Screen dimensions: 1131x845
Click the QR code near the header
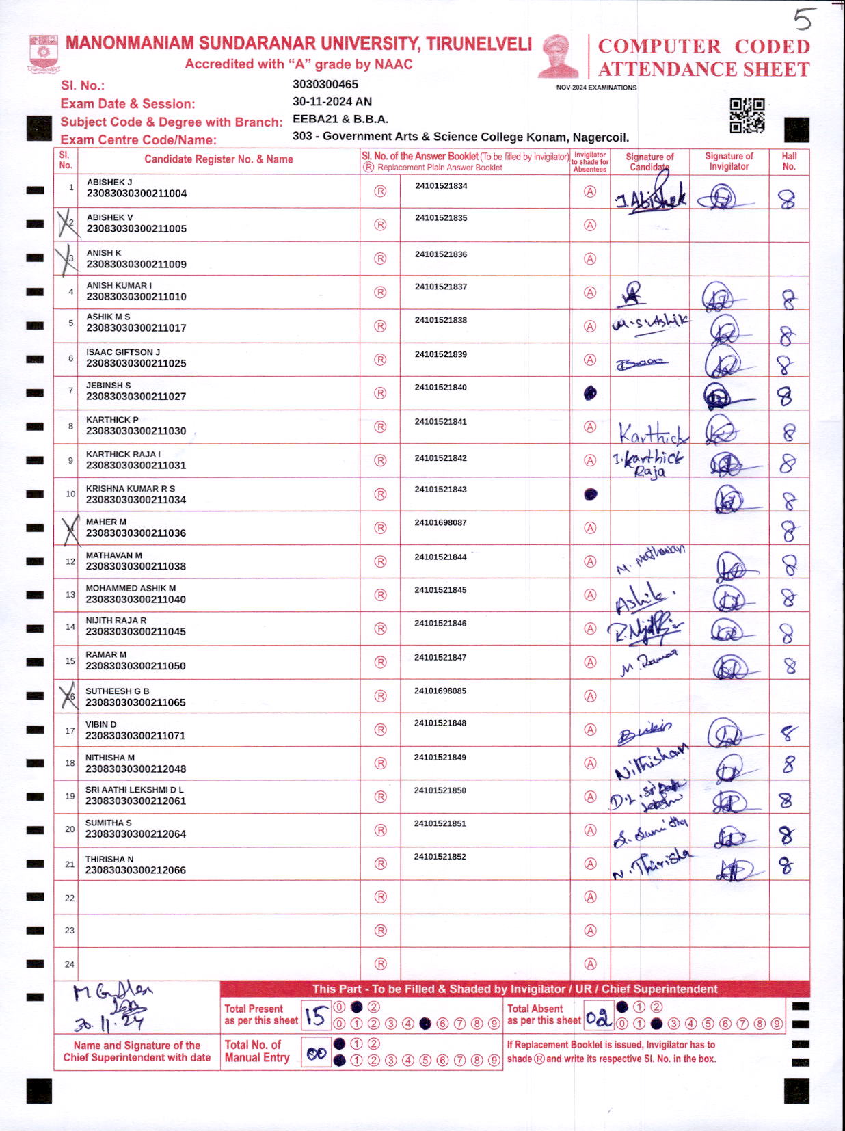coord(747,116)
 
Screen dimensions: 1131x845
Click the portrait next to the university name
coord(559,56)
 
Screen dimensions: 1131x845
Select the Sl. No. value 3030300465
coord(325,85)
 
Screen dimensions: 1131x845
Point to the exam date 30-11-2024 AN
coord(332,102)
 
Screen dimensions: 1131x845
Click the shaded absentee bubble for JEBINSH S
coord(590,393)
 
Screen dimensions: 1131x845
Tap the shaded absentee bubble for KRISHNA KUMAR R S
coord(591,494)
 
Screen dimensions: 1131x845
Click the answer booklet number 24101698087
coord(440,523)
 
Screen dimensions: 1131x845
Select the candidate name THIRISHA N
coord(109,859)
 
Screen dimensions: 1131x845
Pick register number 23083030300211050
coord(135,666)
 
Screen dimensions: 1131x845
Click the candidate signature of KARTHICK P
coord(651,432)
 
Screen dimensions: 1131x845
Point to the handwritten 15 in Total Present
coord(315,1016)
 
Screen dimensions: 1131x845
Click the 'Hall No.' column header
coord(789,161)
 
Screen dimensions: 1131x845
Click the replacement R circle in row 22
coord(381,897)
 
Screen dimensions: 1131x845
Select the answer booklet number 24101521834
coord(441,186)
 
